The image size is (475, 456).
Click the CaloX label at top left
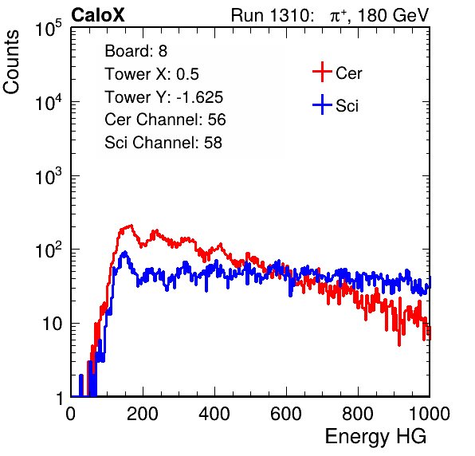tap(98, 15)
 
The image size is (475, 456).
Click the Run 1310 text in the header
tap(270, 15)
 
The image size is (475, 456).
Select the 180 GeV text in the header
tap(394, 15)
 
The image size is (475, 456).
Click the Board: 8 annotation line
tap(136, 51)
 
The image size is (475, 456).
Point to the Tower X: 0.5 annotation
tap(151, 74)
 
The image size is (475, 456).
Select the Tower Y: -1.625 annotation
tap(164, 97)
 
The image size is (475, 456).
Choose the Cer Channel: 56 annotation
tap(165, 120)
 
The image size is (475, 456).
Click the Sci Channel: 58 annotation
tap(163, 143)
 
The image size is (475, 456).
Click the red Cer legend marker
tap(322, 72)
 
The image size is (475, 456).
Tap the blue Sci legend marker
tap(322, 105)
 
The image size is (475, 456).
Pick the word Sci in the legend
tap(347, 106)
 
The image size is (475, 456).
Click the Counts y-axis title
tap(11, 62)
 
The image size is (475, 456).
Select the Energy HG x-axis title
tap(375, 436)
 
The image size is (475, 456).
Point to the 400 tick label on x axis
tap(214, 414)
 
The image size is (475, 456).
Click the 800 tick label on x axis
tap(358, 414)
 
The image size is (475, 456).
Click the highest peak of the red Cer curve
tap(132, 225)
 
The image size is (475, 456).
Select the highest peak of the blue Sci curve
tap(124, 253)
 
